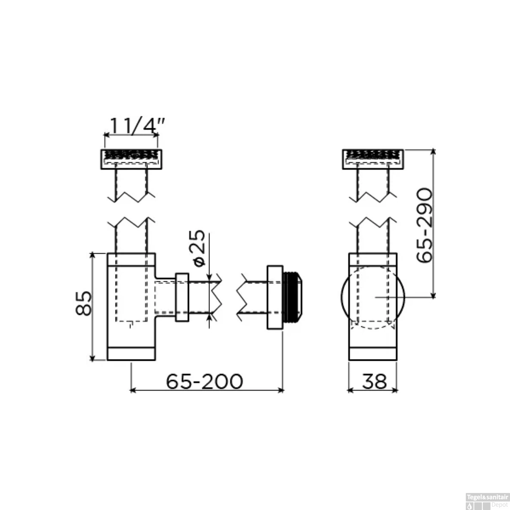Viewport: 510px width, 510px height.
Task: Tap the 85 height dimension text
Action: point(84,303)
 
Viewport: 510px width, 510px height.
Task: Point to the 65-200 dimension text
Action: point(204,381)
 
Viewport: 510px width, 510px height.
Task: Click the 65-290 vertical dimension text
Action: point(425,225)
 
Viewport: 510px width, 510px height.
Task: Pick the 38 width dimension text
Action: point(374,381)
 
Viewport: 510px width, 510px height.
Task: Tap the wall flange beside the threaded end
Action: point(275,297)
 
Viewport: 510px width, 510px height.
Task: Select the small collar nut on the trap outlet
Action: point(182,297)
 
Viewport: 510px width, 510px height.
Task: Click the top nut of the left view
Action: point(132,159)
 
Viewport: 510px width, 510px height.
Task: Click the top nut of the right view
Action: point(373,159)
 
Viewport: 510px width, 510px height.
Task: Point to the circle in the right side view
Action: point(373,297)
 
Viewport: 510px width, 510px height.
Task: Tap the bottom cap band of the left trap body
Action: point(131,354)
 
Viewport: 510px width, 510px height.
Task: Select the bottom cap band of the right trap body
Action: point(373,354)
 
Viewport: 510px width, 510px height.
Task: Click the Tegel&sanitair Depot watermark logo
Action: point(487,501)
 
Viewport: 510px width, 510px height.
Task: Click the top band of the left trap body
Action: point(131,259)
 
